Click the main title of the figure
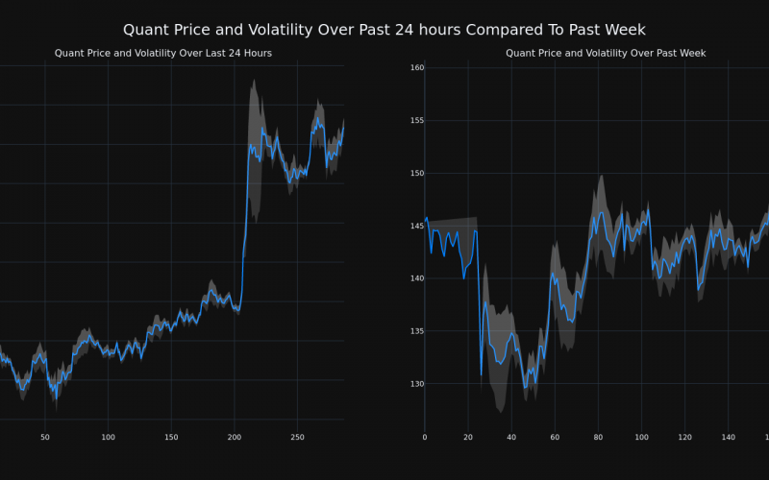(384, 30)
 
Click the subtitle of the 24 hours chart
(163, 53)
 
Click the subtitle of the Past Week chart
(606, 53)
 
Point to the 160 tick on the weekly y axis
(417, 68)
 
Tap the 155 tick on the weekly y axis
(417, 121)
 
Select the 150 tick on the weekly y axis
(417, 174)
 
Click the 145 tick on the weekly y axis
(417, 227)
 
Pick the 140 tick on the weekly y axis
(417, 279)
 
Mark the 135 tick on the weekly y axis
(417, 331)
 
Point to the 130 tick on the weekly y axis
(417, 384)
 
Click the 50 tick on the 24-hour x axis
(45, 437)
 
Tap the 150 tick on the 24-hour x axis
(171, 437)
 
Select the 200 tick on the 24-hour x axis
(235, 437)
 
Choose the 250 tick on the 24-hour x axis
(297, 437)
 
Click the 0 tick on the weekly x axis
(425, 437)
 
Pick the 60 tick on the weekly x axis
(555, 437)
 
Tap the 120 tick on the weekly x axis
(684, 437)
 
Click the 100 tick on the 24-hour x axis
(108, 437)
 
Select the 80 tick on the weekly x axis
(598, 437)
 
